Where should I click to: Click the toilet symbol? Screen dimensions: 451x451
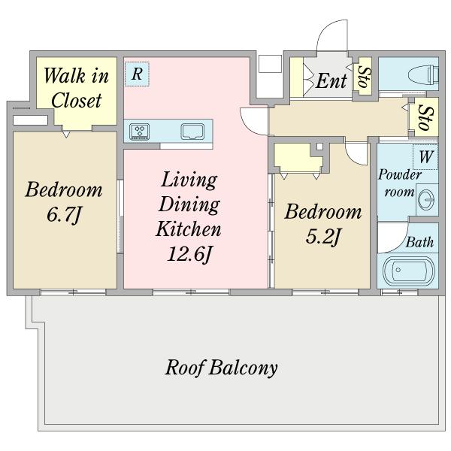coord(423,74)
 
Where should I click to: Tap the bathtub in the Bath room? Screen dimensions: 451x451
coord(408,271)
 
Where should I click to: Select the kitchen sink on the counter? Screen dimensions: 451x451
coord(192,132)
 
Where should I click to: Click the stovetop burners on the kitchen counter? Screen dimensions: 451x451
coord(140,132)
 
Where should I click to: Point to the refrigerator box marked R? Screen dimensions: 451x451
coord(137,74)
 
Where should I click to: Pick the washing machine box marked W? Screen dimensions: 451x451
coord(425,157)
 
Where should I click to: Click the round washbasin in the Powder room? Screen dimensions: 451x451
coord(426,200)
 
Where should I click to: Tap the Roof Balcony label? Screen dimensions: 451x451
coord(222,368)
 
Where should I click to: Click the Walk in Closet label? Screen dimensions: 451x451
coord(76,88)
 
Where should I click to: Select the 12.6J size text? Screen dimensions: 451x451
coord(189,254)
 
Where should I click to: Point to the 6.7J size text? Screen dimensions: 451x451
coord(64,214)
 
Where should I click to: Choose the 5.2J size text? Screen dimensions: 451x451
coord(322,237)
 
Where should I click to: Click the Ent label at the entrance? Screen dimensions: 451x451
coord(331,80)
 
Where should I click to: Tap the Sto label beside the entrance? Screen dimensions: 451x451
coord(365,77)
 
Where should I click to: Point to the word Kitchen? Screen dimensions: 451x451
coord(189,229)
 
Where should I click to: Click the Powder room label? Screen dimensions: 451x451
coord(400,183)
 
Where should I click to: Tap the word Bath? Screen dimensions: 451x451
coord(419,242)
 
